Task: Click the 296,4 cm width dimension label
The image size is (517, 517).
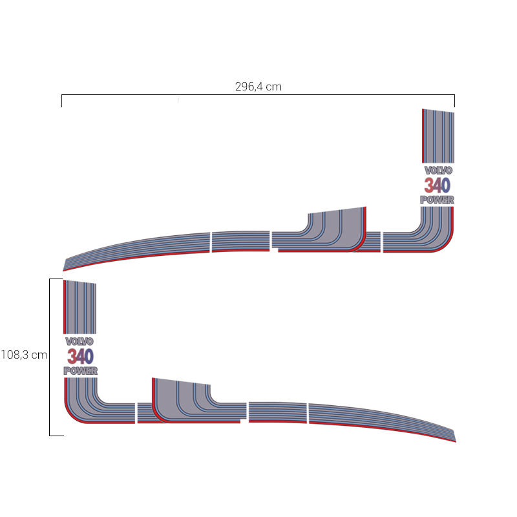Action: coord(258,87)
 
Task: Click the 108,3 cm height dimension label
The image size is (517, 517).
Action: coord(24,355)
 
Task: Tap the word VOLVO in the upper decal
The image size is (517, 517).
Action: coord(438,171)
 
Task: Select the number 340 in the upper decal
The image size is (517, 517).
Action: coord(438,185)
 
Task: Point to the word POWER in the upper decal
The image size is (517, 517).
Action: coord(438,200)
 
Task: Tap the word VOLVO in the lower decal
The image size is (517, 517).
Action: coord(79,341)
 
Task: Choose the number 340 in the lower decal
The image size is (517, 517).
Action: coord(80,356)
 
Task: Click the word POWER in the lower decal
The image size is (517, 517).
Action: coord(80,371)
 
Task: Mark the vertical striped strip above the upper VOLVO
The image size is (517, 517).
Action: coord(438,136)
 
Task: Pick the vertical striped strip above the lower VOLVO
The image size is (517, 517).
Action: coord(79,307)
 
